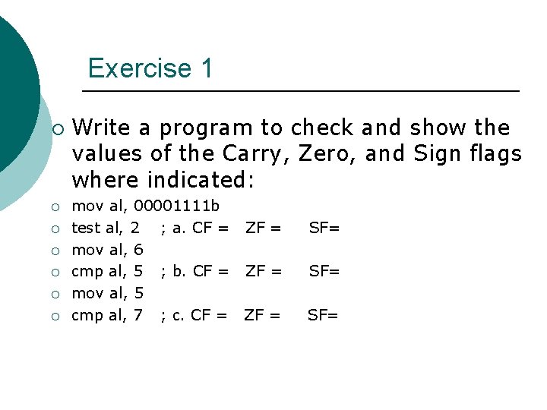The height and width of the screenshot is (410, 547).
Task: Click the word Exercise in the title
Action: tap(140, 68)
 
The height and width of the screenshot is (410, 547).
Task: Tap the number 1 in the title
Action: tap(207, 68)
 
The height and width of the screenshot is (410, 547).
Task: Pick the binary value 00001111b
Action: tap(177, 206)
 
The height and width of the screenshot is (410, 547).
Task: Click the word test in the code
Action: tap(85, 227)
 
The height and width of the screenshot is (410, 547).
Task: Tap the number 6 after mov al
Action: tap(138, 249)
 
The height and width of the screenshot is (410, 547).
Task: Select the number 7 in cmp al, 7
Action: tap(138, 314)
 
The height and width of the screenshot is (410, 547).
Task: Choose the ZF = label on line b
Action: tap(263, 271)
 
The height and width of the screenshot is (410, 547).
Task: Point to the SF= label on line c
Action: tap(322, 314)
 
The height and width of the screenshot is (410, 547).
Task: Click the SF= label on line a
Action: tap(324, 227)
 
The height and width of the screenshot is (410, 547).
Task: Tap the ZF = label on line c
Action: tap(262, 314)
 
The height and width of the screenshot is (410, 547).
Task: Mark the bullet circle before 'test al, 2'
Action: tap(58, 228)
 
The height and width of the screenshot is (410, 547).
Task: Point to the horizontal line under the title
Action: tap(300, 92)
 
